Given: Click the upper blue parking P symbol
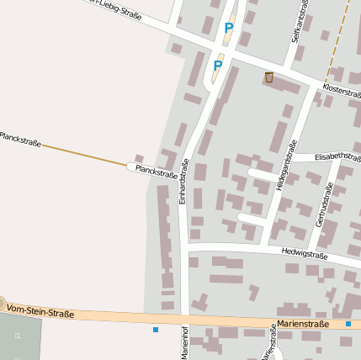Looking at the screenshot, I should coord(228,29).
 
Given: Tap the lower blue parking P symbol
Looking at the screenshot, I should coord(218,66).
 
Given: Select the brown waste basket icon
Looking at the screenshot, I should coord(269,78).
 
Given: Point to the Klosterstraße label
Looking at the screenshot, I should coord(341,90).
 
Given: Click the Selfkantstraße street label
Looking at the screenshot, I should coord(296,23).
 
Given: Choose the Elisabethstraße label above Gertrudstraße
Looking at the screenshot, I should coord(337,156).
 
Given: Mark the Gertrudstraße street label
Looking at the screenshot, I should coord(324,204).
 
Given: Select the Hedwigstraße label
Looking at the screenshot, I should coord(304,253).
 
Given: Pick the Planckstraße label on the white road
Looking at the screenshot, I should coord(156,172).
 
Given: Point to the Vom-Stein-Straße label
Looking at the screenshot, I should coord(40,312).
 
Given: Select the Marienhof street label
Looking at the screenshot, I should coord(183,342).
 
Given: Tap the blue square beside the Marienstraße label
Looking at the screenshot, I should coord(348,324).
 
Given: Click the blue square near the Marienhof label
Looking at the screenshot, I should coord(156,330).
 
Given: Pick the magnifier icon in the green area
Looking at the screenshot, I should coord(18,336).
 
